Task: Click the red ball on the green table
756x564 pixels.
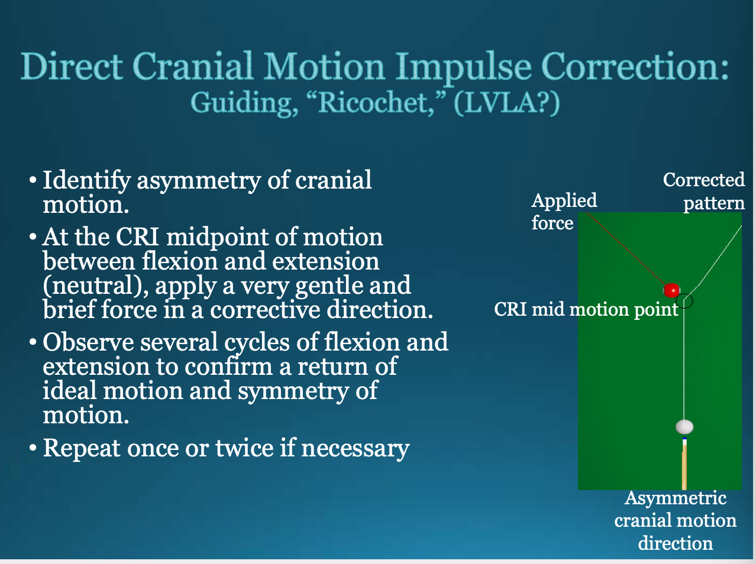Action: tap(671, 290)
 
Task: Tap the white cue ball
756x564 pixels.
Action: tap(684, 426)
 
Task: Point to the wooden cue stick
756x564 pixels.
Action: tap(684, 467)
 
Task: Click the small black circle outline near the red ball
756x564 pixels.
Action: tap(685, 301)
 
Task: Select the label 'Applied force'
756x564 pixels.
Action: tap(563, 212)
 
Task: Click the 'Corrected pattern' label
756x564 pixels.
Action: tap(704, 191)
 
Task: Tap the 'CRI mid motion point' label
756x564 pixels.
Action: tap(586, 309)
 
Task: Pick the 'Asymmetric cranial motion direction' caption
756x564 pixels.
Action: tap(675, 520)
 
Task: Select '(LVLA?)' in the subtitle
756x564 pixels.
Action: tap(506, 103)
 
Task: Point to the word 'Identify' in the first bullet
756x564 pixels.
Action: tap(86, 181)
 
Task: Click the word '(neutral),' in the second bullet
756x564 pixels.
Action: tap(96, 286)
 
